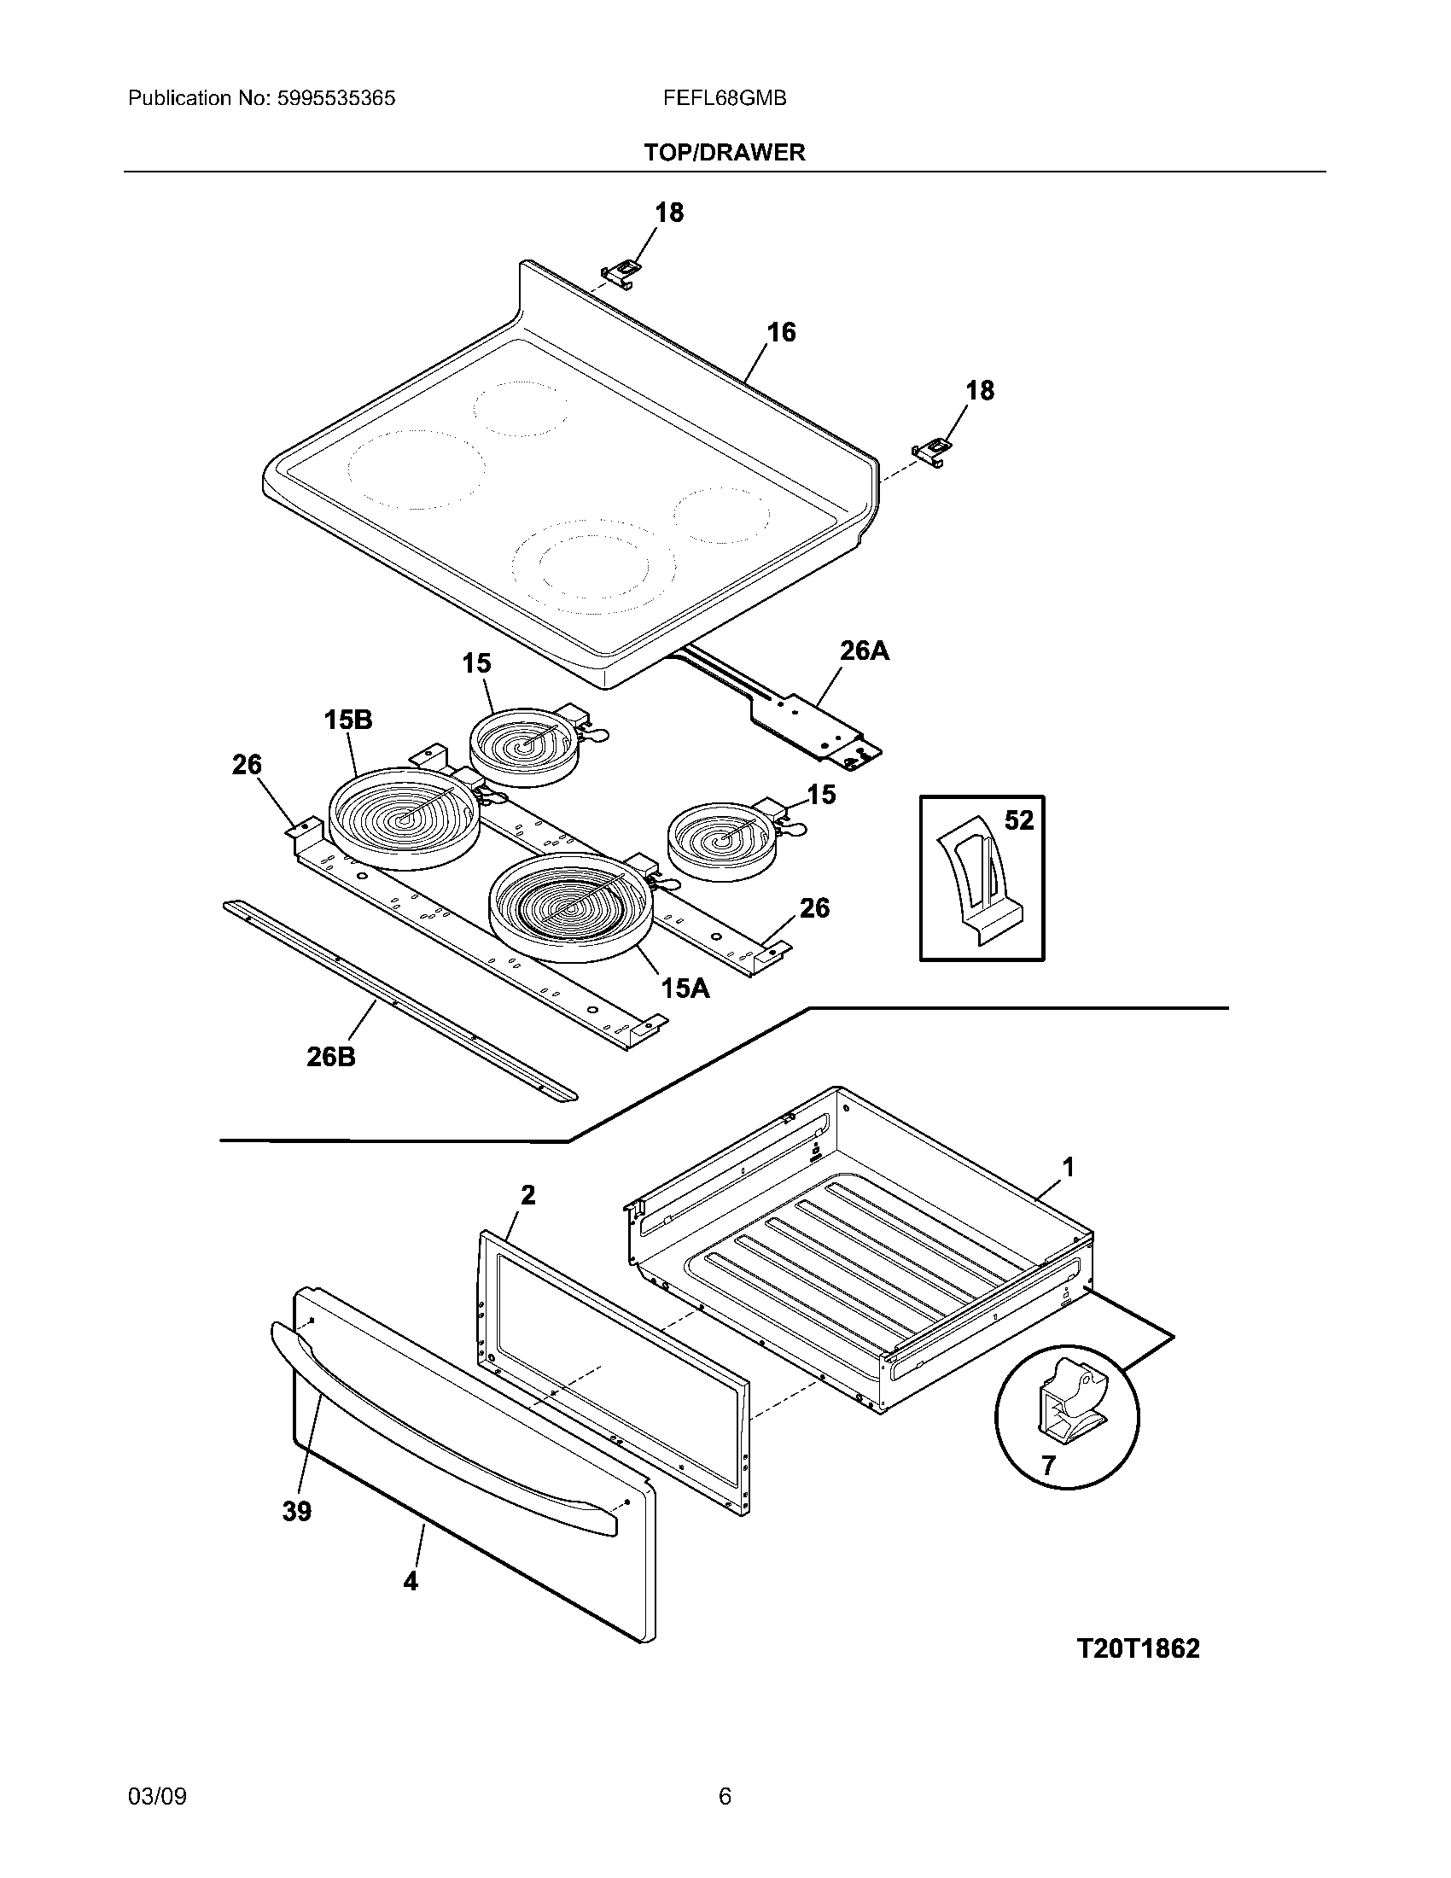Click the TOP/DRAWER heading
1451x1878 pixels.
[x=725, y=153]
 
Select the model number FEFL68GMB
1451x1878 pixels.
[x=724, y=98]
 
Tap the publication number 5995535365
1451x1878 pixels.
[x=335, y=98]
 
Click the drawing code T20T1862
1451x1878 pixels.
[x=1137, y=1648]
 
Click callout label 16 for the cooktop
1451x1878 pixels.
[x=780, y=332]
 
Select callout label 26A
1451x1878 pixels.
[x=864, y=651]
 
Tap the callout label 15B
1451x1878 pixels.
[x=348, y=720]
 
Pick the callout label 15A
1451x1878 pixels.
[x=685, y=989]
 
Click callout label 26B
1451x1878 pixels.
[x=331, y=1056]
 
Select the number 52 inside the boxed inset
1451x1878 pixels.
[x=1018, y=820]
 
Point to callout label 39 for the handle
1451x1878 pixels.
[x=297, y=1511]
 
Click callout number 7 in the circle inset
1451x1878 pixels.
[x=1048, y=1465]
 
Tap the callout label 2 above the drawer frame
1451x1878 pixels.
[x=527, y=1194]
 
